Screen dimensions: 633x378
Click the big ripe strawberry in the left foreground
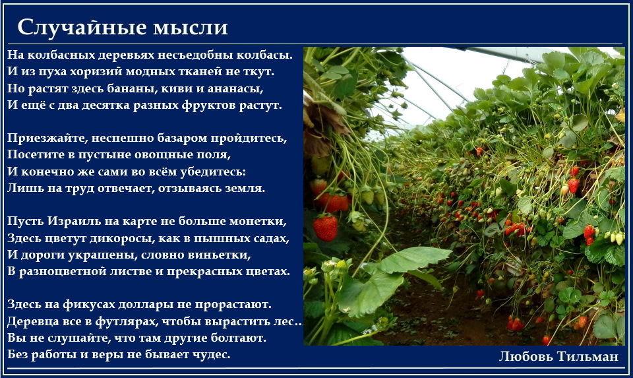pyautogui.click(x=325, y=228)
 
